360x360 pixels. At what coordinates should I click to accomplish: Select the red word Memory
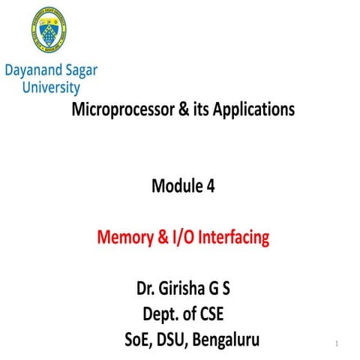125,239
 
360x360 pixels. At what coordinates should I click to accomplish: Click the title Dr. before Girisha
147,289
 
